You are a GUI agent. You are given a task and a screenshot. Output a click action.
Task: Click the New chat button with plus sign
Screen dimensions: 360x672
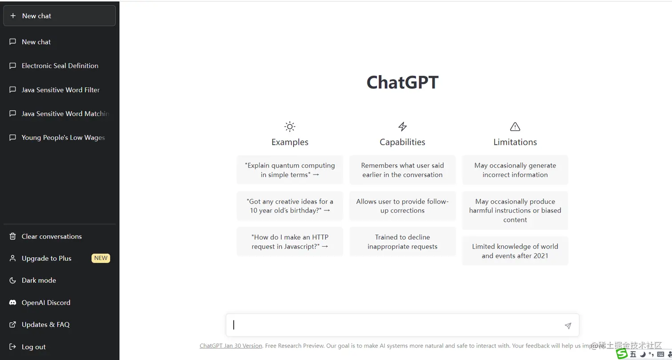click(59, 16)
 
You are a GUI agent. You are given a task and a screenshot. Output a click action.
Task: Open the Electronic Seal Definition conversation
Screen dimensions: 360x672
click(60, 66)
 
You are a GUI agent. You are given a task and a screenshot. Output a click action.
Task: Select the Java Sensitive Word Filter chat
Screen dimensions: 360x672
click(60, 90)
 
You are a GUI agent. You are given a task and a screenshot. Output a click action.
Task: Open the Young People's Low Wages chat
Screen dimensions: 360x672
click(63, 138)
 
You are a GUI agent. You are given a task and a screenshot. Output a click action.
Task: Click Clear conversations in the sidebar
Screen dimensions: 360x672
click(52, 236)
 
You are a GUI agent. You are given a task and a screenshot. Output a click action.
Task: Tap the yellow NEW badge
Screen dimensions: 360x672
click(101, 258)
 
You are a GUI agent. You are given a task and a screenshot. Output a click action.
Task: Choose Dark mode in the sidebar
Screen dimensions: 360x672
click(39, 280)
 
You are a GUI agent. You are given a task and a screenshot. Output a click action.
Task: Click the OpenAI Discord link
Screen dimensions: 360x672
click(46, 303)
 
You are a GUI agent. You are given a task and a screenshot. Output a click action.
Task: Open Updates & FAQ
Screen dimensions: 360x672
click(45, 325)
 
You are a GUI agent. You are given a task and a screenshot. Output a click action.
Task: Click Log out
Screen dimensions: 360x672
click(34, 347)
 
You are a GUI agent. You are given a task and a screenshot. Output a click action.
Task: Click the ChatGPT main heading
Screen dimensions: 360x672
click(402, 83)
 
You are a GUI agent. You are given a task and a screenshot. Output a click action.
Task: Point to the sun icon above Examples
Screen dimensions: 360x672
click(290, 127)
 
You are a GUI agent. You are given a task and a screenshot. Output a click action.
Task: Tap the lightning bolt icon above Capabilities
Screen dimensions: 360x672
click(402, 127)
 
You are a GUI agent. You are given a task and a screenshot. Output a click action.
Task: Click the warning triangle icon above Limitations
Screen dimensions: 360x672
click(515, 127)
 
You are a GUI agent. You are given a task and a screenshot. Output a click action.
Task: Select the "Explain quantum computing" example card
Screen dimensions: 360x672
click(290, 170)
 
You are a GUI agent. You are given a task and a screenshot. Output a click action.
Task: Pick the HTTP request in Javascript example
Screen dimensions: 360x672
click(290, 242)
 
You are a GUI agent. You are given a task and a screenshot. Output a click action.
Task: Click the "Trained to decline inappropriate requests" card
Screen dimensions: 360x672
click(402, 242)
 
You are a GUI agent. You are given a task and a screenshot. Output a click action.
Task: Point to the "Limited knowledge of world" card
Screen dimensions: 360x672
click(515, 251)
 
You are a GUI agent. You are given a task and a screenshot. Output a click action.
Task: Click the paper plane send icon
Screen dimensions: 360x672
click(568, 326)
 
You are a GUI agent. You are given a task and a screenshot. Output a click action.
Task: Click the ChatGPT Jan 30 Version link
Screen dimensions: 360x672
click(231, 346)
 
